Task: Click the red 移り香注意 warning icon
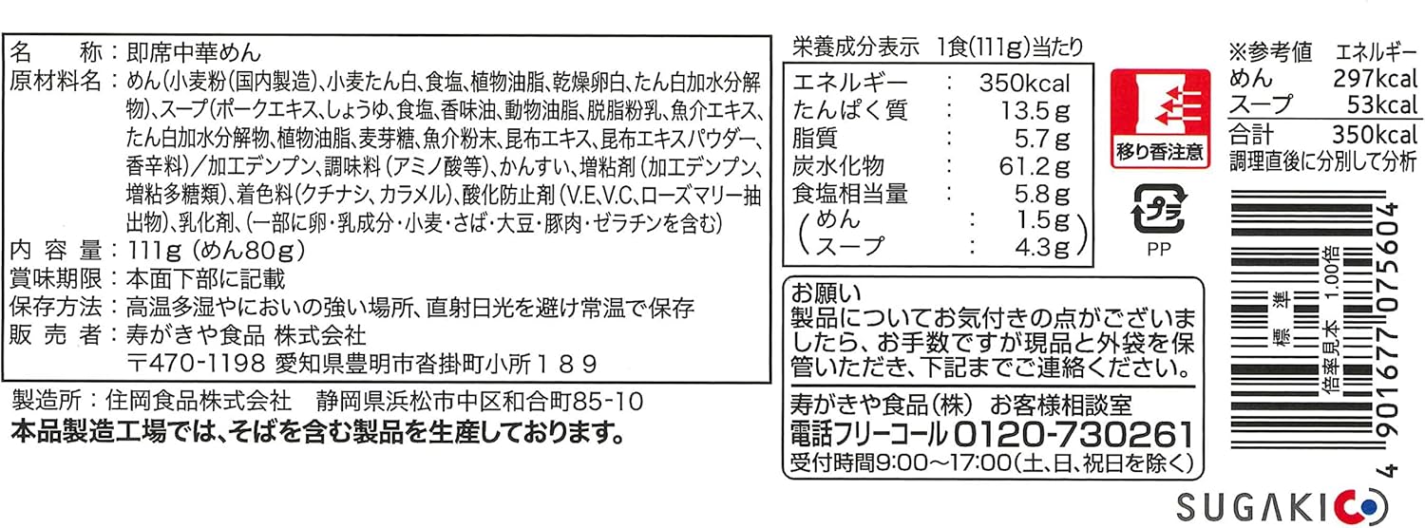(x=1160, y=118)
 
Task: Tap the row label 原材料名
(x=55, y=81)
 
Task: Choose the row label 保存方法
(x=55, y=308)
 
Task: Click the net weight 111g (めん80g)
(x=215, y=252)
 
